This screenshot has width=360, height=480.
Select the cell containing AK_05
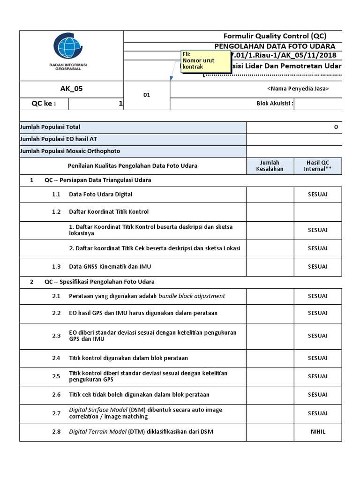tap(71, 89)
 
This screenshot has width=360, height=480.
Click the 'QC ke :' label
tap(44, 104)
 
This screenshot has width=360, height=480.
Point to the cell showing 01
tap(147, 95)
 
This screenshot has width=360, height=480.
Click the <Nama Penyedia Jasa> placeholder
tap(298, 89)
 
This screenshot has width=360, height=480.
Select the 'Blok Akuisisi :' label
tap(275, 104)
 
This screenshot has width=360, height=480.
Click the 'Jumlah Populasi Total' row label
tap(50, 127)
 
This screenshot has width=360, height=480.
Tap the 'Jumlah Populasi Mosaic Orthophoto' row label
tap(70, 151)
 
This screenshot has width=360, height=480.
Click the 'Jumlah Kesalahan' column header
tap(270, 165)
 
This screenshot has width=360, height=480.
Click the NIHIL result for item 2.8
tap(317, 432)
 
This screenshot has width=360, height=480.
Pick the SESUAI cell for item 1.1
tap(317, 194)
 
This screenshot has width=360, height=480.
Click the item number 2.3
tap(56, 336)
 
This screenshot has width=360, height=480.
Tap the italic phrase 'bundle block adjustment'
tap(192, 296)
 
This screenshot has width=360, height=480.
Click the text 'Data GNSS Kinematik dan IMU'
tap(110, 266)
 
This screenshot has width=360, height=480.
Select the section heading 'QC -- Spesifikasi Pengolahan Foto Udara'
tap(99, 282)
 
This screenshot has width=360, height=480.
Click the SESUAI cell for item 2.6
tap(317, 395)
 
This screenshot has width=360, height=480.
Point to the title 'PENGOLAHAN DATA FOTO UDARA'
tap(275, 46)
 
